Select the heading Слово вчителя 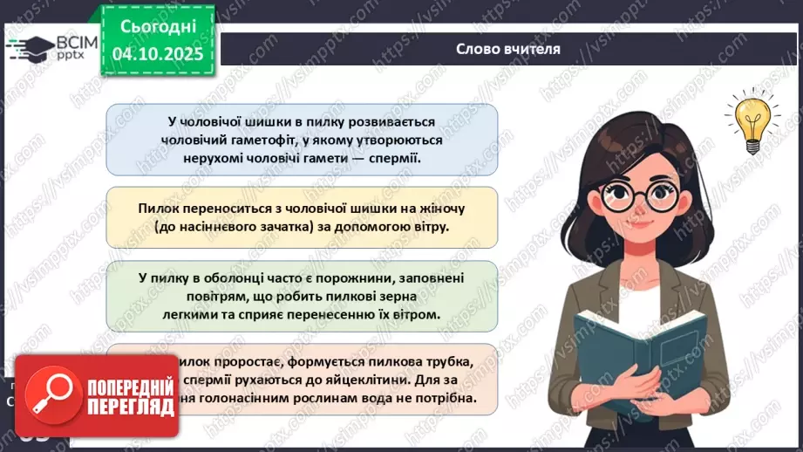[508, 49]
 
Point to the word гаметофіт [254, 140]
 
